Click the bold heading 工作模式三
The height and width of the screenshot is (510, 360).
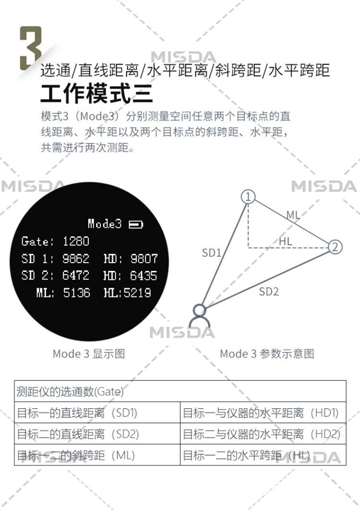96,93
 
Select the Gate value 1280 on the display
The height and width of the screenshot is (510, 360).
76,241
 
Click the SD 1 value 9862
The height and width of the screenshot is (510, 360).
76,259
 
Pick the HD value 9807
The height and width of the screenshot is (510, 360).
144,259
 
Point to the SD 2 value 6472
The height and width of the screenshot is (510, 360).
76,276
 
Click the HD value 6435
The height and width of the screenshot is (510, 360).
144,276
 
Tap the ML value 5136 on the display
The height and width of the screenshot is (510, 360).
77,292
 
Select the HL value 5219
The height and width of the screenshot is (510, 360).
138,292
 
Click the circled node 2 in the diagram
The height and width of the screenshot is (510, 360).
335,247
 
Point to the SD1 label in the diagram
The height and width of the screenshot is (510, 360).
211,253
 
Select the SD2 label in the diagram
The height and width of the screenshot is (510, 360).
269,291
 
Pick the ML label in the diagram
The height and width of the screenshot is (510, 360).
293,215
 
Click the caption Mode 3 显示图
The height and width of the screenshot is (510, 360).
89,354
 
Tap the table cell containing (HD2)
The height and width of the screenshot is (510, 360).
263,434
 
